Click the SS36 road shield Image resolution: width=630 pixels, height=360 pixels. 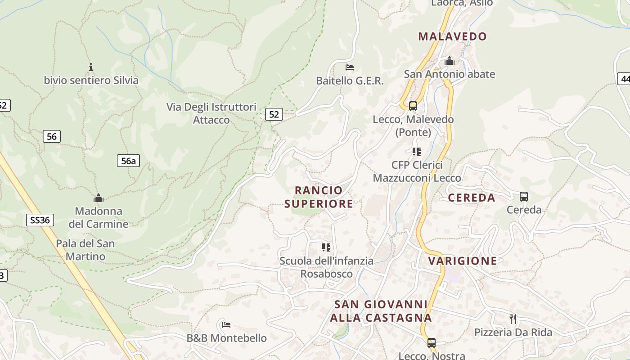coord(40,220)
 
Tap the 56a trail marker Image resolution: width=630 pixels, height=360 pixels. coord(128,161)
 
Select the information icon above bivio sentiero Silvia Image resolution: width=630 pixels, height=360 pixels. coord(91,67)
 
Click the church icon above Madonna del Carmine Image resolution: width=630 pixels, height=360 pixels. coord(99,198)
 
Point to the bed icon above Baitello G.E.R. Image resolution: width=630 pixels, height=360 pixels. coord(350,67)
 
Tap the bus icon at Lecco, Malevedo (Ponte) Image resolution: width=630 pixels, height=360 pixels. coord(413,106)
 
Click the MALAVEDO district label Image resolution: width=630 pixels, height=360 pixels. coord(452,36)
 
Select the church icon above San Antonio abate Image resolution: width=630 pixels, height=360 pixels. coord(449,61)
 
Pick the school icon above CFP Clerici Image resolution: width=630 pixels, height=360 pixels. coord(417,151)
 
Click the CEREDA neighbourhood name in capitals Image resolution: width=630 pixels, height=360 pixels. coord(472,198)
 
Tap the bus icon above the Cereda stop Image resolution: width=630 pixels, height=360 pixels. coord(524,197)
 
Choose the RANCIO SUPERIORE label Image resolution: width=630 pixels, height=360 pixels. coord(319,197)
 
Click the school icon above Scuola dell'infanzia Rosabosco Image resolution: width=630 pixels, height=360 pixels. coord(326,247)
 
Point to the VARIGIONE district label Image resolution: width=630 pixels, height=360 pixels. coord(463,261)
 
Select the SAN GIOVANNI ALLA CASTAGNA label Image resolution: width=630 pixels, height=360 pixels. coord(381,311)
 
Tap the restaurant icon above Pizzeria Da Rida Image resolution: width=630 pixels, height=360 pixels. coord(513,319)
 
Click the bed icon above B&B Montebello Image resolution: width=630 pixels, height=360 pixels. coord(226,324)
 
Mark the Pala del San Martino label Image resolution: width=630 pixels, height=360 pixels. coord(85,250)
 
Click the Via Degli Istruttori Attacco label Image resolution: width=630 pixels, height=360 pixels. coord(211,113)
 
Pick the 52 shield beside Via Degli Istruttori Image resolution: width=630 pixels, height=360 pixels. coord(274,114)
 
